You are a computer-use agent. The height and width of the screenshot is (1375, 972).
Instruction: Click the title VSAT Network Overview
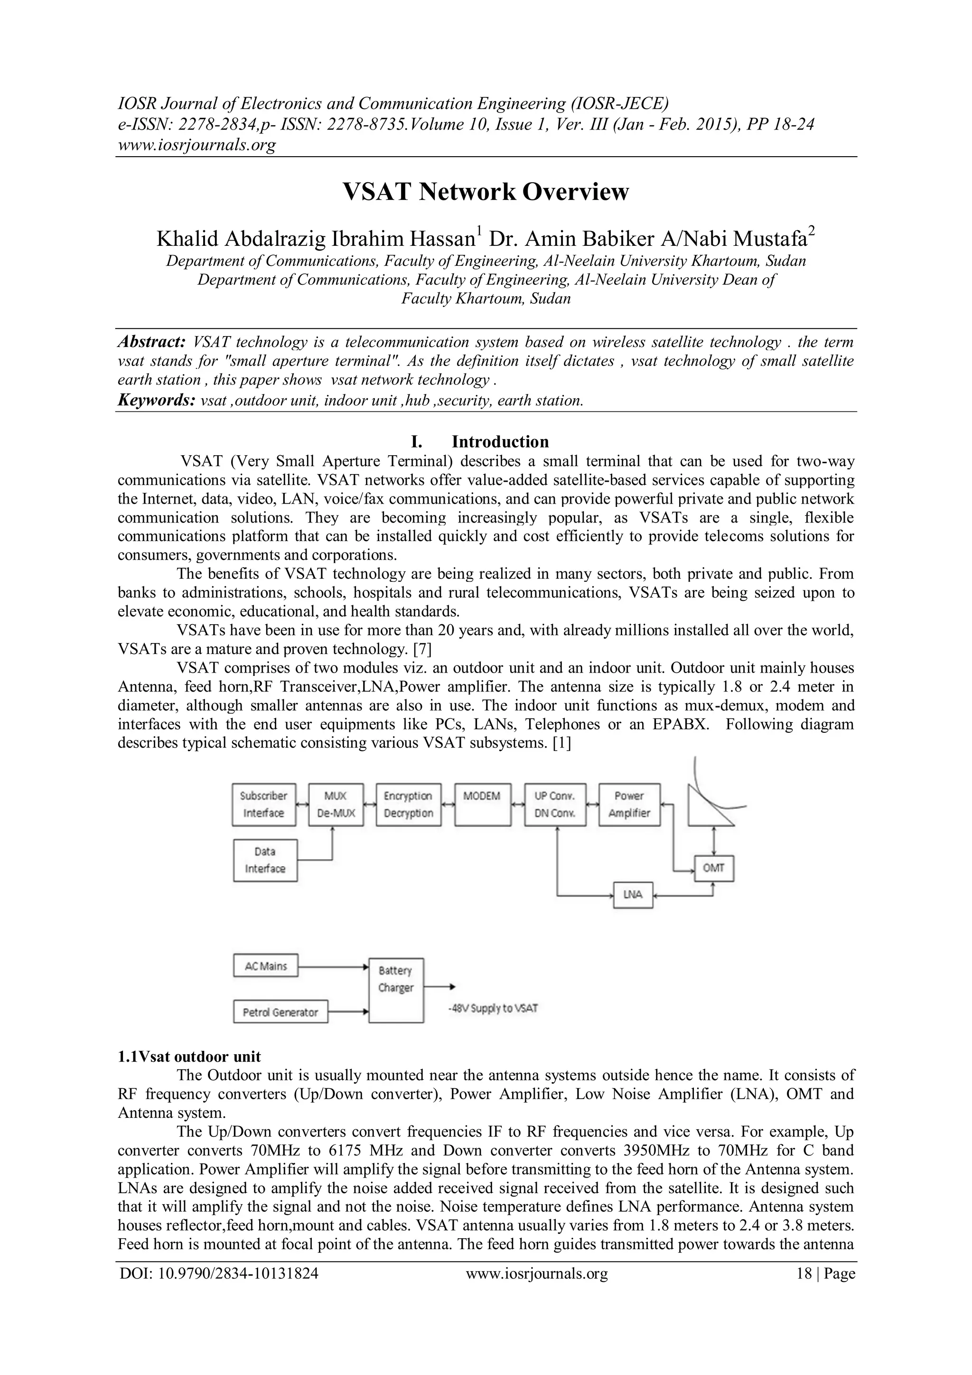pos(485,192)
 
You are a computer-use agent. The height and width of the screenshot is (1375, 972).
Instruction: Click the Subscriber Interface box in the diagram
pos(263,804)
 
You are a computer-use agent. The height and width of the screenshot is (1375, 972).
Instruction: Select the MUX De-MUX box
pos(336,804)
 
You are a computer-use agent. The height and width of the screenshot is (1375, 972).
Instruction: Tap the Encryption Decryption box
pos(409,804)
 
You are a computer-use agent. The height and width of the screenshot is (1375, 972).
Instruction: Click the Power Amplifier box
pos(629,804)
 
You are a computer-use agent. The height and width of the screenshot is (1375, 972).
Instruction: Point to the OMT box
pos(713,869)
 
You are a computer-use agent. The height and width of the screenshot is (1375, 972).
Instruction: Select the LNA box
pos(633,895)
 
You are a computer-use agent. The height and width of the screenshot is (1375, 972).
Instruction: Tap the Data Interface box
pos(265,860)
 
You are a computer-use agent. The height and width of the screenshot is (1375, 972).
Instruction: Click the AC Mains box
pos(265,966)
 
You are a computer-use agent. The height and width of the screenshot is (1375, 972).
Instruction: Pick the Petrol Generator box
pos(280,1012)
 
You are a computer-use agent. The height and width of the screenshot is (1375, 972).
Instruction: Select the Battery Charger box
pos(396,988)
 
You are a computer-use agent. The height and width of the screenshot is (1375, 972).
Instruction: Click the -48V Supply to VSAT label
pos(493,1009)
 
